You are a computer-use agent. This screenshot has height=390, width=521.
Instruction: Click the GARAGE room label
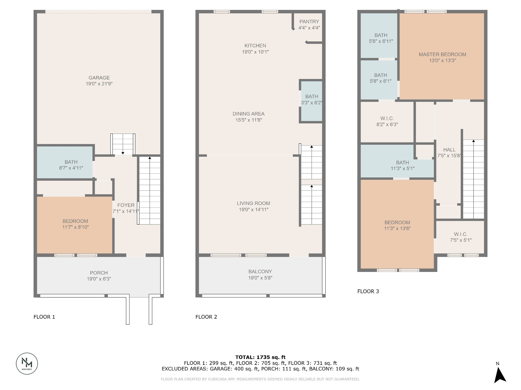[x=99, y=78]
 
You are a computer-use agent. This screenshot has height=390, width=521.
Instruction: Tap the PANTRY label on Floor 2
[x=309, y=22]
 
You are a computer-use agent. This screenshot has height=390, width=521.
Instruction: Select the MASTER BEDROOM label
[x=442, y=54]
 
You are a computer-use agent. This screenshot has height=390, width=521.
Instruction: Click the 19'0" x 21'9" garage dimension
[x=99, y=84]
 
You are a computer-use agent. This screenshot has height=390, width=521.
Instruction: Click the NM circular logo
[x=27, y=363]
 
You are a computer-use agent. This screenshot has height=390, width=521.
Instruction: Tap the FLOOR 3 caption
[x=368, y=291]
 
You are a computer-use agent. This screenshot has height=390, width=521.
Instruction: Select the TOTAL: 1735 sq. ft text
[x=260, y=357]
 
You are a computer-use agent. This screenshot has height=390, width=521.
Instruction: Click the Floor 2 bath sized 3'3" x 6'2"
[x=312, y=100]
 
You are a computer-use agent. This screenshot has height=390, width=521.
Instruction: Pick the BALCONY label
[x=260, y=271]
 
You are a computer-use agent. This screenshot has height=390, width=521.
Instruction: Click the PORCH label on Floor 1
[x=99, y=273]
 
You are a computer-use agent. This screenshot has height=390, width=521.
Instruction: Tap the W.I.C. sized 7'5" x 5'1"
[x=461, y=237]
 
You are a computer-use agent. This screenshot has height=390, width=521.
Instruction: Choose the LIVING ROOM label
[x=253, y=203]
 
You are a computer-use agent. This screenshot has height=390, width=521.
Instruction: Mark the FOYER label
[x=126, y=205]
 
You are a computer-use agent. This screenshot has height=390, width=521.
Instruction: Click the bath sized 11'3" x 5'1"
[x=402, y=165]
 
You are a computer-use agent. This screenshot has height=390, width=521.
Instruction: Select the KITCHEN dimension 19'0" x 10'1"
[x=255, y=52]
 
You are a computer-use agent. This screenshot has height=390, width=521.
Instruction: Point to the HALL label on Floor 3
[x=449, y=150]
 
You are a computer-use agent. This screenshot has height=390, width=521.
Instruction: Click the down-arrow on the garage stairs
[x=123, y=153]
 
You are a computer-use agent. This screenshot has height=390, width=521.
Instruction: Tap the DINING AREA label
[x=249, y=114]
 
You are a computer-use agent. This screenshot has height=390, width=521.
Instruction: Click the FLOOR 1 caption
[x=44, y=317]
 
